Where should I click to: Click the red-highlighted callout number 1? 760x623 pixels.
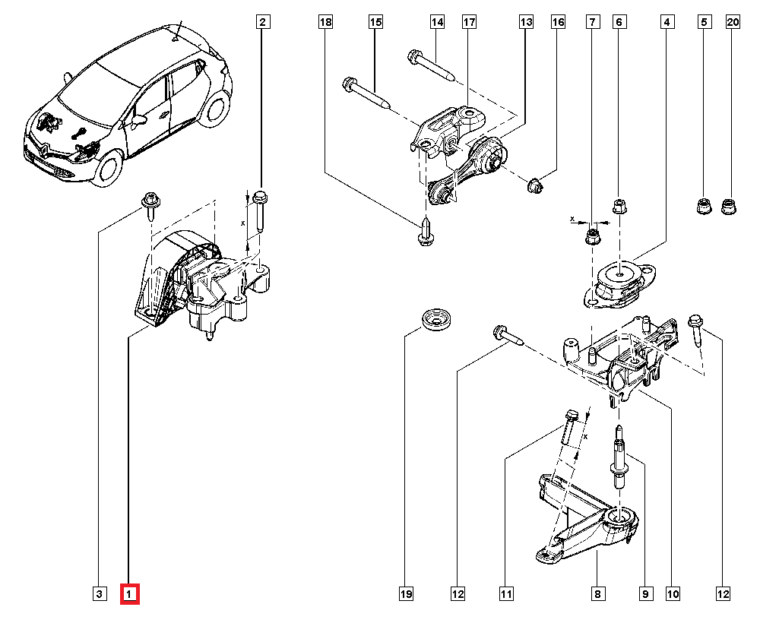click(x=131, y=593)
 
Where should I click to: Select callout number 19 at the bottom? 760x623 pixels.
click(x=406, y=593)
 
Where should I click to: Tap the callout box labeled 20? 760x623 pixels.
click(x=733, y=23)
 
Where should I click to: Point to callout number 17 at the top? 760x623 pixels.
click(x=469, y=23)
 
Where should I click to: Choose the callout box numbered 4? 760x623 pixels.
click(x=667, y=23)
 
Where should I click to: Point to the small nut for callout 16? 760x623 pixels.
click(x=535, y=183)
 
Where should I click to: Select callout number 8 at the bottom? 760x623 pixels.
click(x=598, y=593)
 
